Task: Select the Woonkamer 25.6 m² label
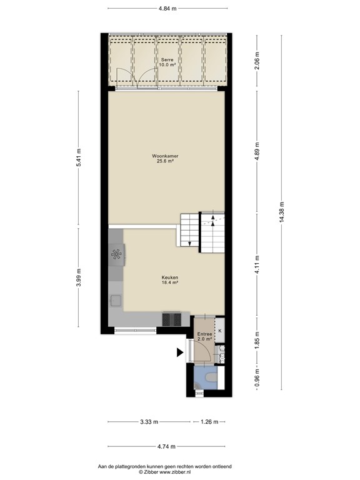(165, 158)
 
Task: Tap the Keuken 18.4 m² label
(170, 281)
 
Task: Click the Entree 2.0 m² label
(205, 336)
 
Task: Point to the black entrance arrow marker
(179, 352)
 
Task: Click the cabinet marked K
(220, 331)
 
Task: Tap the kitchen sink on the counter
(116, 301)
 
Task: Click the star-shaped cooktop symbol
(116, 254)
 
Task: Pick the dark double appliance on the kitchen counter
(172, 319)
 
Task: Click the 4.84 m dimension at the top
(167, 8)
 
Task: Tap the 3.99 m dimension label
(78, 276)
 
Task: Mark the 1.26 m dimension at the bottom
(209, 422)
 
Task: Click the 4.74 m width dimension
(167, 446)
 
